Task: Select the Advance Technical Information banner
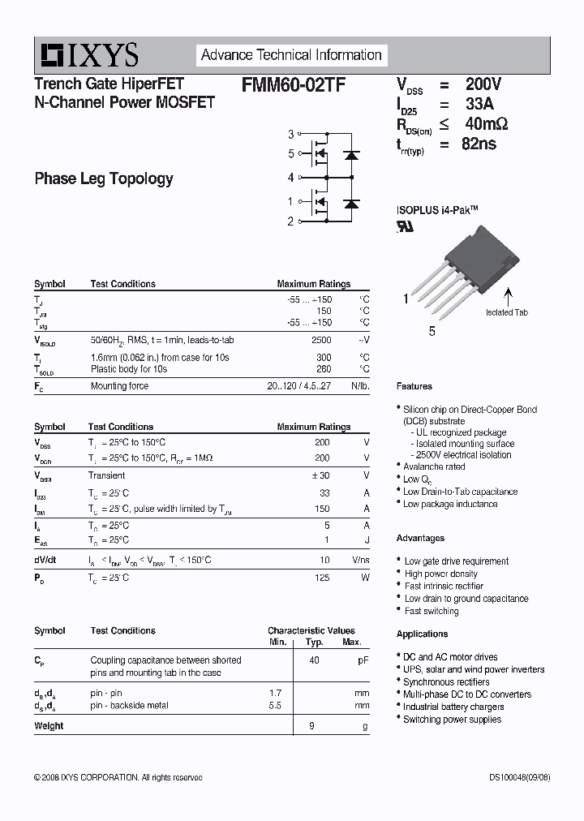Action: click(x=291, y=55)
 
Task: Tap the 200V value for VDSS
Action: click(x=483, y=84)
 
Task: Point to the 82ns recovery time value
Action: click(x=479, y=144)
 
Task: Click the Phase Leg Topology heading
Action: click(x=104, y=178)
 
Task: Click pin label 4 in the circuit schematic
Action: click(x=290, y=177)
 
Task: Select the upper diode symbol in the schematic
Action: click(x=351, y=153)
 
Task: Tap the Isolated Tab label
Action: click(x=507, y=312)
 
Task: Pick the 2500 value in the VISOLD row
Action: click(x=321, y=340)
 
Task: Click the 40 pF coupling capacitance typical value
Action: click(x=314, y=660)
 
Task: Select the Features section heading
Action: click(x=414, y=386)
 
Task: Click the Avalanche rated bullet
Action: click(x=435, y=466)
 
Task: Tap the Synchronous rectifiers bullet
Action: click(x=446, y=682)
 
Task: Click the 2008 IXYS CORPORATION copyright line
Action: click(x=118, y=777)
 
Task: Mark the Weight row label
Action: click(x=49, y=726)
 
